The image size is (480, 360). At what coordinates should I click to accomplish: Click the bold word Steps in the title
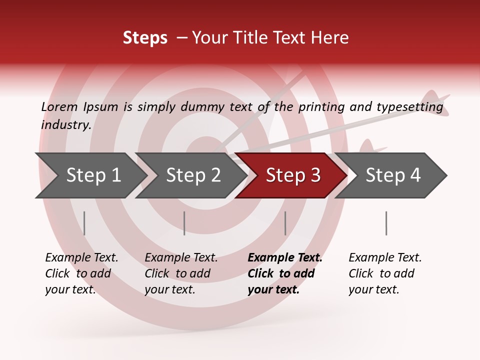pyautogui.click(x=145, y=38)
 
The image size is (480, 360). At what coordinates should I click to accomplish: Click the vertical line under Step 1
pyautogui.click(x=84, y=223)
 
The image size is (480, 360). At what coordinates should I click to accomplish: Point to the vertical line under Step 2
pyautogui.click(x=184, y=223)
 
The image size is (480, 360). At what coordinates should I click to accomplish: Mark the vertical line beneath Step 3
pyautogui.click(x=285, y=223)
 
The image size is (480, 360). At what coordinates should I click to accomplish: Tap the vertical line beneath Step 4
pyautogui.click(x=386, y=223)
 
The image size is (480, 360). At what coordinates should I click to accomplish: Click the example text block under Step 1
pyautogui.click(x=81, y=273)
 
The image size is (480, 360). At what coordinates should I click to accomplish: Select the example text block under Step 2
pyautogui.click(x=181, y=273)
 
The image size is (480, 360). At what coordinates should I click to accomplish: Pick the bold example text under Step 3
pyautogui.click(x=285, y=273)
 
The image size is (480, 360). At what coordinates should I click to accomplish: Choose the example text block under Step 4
pyautogui.click(x=385, y=273)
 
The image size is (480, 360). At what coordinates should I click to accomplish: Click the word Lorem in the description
pyautogui.click(x=59, y=106)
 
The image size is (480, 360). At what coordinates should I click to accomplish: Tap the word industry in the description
pyautogui.click(x=66, y=125)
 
